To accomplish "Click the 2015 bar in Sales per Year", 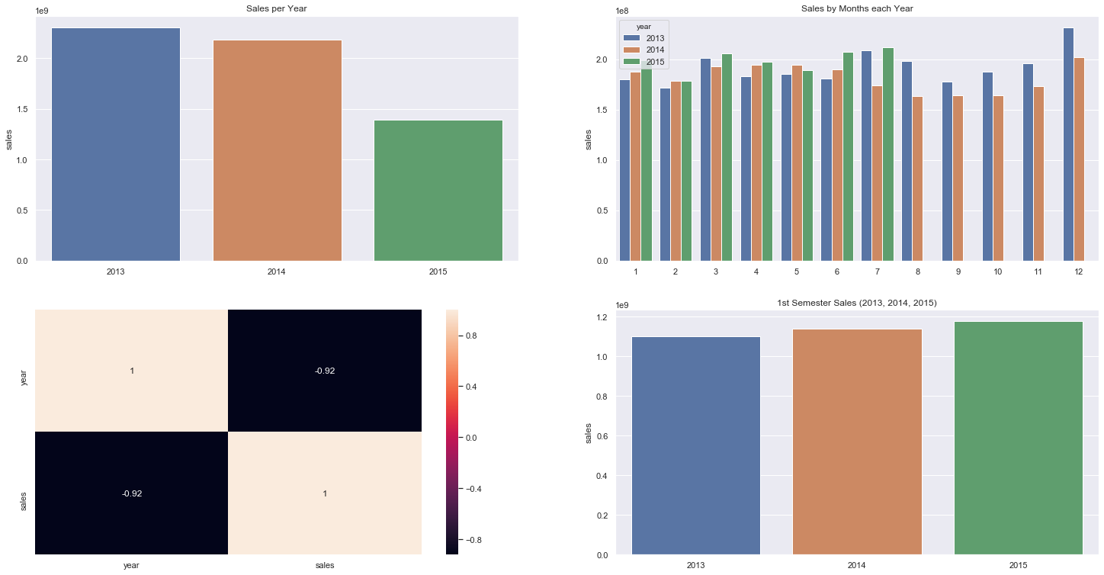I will click(438, 191).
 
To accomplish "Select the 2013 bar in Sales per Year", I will click(116, 145).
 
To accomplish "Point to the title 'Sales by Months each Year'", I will click(857, 8).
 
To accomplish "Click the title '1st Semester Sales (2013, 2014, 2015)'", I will click(857, 304).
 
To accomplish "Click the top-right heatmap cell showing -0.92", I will click(324, 371).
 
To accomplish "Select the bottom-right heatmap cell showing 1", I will click(324, 493).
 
